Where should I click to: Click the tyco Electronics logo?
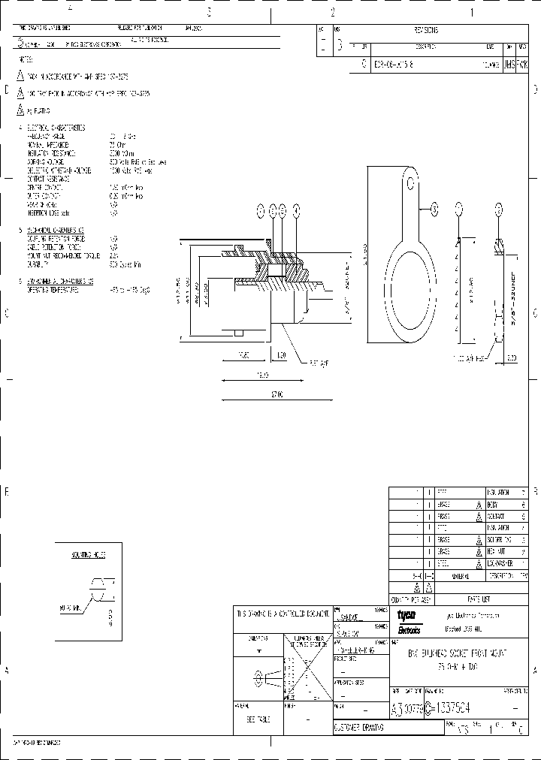410,621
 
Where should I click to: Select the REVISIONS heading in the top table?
425,31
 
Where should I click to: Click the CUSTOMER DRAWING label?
358,728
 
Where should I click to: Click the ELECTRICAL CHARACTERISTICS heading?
56,128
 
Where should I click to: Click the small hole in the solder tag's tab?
410,181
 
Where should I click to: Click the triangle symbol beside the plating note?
20,110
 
